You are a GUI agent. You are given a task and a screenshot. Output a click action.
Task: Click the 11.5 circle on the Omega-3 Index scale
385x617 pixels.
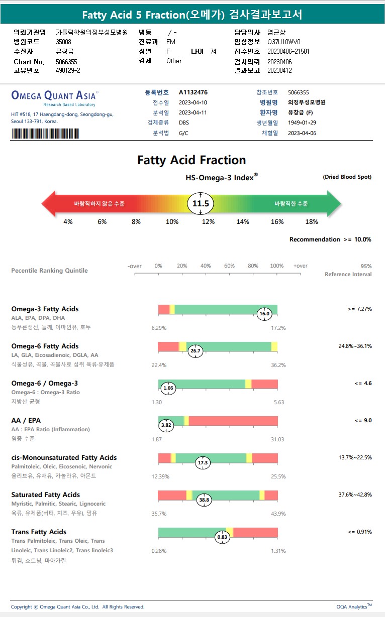(201, 204)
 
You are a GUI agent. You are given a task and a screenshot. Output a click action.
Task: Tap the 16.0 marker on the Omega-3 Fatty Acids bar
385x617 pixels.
(264, 314)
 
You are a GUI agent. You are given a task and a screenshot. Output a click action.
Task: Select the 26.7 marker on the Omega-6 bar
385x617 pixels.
(196, 351)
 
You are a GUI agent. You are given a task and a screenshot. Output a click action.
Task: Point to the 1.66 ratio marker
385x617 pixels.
(168, 388)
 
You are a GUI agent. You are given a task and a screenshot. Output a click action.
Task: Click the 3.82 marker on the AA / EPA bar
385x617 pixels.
(166, 425)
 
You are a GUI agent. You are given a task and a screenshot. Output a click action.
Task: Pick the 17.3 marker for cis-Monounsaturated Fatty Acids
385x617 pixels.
(203, 462)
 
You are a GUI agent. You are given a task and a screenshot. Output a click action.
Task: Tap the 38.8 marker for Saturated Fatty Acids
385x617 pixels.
(204, 500)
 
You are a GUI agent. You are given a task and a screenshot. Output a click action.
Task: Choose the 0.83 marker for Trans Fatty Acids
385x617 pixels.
(222, 537)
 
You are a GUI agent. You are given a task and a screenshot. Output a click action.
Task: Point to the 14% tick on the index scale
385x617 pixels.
(243, 221)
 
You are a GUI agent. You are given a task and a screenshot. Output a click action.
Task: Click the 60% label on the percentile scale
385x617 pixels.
(229, 266)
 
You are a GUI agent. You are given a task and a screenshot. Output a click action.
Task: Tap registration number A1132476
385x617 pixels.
(193, 92)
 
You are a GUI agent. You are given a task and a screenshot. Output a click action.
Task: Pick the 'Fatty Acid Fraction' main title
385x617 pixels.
(191, 160)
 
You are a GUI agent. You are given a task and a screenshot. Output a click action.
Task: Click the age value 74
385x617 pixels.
(213, 51)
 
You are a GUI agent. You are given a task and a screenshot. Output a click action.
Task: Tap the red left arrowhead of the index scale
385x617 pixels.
(48, 204)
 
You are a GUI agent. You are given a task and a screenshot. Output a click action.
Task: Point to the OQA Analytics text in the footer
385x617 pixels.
(354, 606)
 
